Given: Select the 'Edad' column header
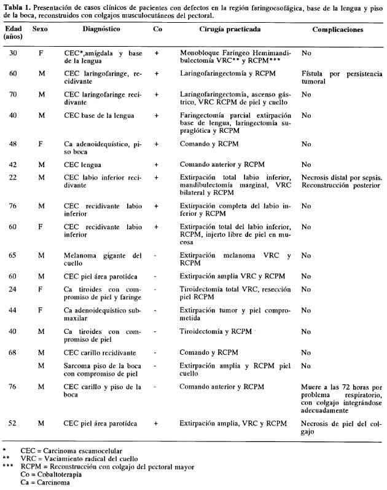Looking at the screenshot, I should point(12,29).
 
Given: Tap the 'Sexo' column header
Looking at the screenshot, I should point(40,29).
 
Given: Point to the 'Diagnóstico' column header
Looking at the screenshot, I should point(101,29).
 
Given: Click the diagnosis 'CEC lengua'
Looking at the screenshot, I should point(83,165).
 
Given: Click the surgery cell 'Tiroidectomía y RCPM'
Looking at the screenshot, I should point(215,331).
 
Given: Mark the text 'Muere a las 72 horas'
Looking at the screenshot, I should point(334,387).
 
